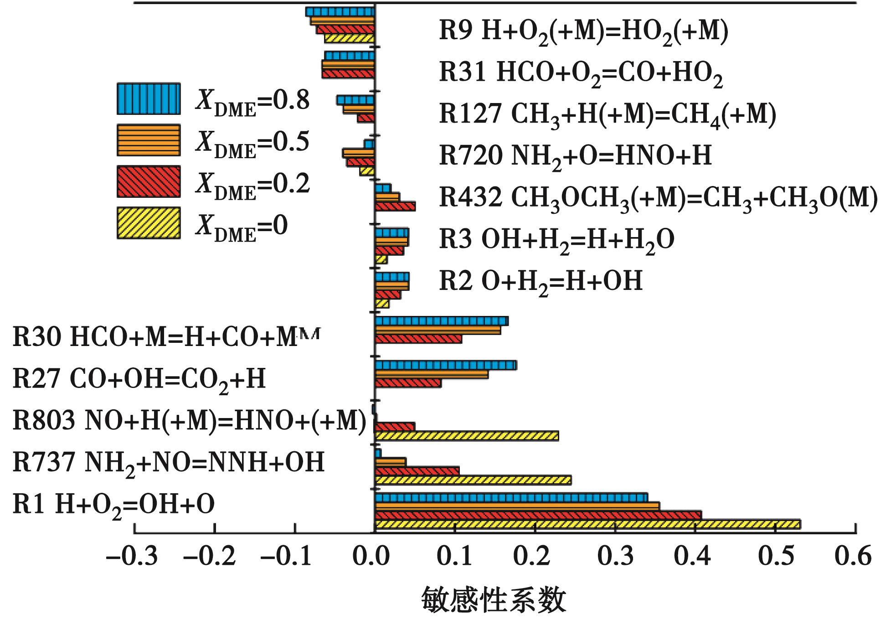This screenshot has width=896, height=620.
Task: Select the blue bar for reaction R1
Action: point(510,497)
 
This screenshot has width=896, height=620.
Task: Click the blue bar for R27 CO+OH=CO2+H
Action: point(445,365)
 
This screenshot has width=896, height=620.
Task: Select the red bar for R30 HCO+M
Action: point(418,339)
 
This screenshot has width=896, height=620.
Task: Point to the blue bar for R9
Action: point(340,12)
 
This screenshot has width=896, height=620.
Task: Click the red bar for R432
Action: point(395,207)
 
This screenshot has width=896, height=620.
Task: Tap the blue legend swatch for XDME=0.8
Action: point(149,98)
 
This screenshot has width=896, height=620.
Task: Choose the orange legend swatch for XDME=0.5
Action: point(149,140)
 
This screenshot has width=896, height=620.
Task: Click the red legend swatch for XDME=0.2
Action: point(149,181)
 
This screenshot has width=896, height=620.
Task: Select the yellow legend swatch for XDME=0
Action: point(149,223)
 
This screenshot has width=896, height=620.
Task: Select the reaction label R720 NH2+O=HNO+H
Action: point(575,156)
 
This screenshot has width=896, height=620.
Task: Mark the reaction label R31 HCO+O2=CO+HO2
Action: point(581,73)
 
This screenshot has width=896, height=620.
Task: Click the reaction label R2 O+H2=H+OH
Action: point(541,281)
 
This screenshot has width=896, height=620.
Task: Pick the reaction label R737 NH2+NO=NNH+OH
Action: point(169,463)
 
